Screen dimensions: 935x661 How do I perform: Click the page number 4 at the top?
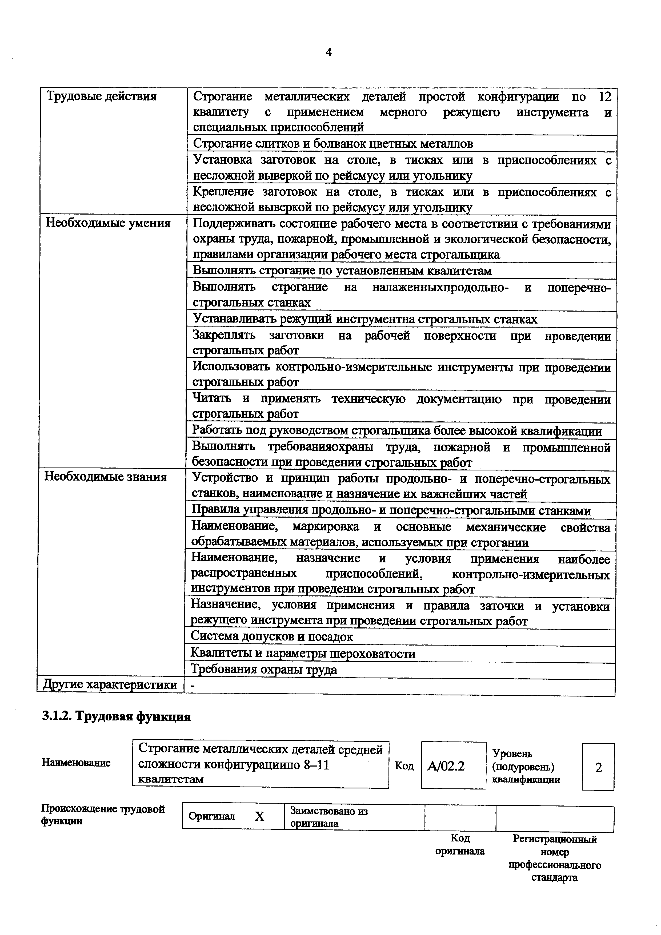click(x=329, y=52)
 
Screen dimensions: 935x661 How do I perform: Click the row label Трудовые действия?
click(x=101, y=96)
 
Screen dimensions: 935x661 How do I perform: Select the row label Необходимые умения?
click(x=108, y=223)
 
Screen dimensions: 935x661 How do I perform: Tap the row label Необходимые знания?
click(x=106, y=477)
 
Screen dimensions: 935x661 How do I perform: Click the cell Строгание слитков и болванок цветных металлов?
click(x=333, y=144)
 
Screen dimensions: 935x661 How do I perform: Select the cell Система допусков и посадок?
click(x=272, y=636)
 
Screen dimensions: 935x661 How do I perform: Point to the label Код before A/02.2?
click(x=404, y=766)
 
